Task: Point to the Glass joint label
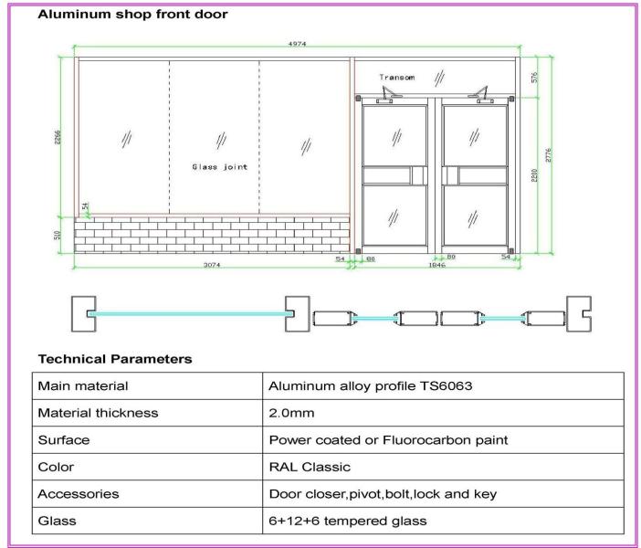tap(219, 167)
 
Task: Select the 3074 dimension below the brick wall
tap(211, 265)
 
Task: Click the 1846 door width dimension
tap(436, 265)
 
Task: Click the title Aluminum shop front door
tap(133, 14)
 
